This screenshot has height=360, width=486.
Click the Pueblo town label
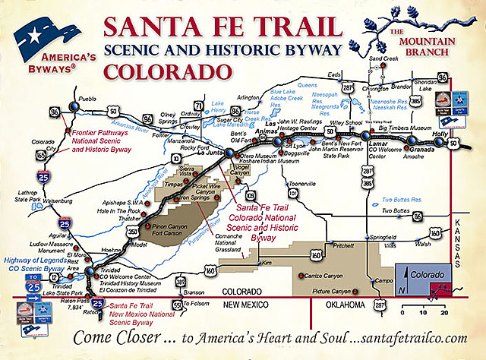click(88, 99)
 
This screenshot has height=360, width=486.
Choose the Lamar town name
click(376, 142)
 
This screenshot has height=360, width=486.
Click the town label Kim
click(266, 263)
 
